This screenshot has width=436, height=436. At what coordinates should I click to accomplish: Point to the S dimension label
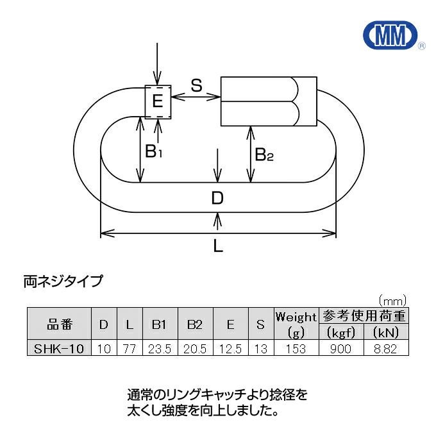[x=197, y=84]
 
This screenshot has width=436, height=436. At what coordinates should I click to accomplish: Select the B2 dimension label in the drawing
[x=264, y=154]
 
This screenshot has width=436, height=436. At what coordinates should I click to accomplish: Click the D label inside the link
[x=218, y=198]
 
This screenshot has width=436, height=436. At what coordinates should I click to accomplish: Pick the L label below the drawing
[x=218, y=247]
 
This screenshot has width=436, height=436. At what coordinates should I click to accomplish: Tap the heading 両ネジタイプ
[x=63, y=280]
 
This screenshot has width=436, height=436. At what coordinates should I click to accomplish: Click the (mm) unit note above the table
[x=392, y=299]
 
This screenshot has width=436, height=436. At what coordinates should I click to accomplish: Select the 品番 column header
[x=60, y=324]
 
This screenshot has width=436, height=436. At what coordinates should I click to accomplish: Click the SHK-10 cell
[x=60, y=349]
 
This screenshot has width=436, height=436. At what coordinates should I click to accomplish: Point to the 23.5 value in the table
[x=159, y=349]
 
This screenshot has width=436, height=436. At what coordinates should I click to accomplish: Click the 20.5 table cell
[x=195, y=349]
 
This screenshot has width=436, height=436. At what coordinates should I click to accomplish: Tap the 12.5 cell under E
[x=230, y=349]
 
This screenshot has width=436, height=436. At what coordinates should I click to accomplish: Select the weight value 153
[x=296, y=349]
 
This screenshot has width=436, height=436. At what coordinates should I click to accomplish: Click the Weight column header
[x=296, y=317]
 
